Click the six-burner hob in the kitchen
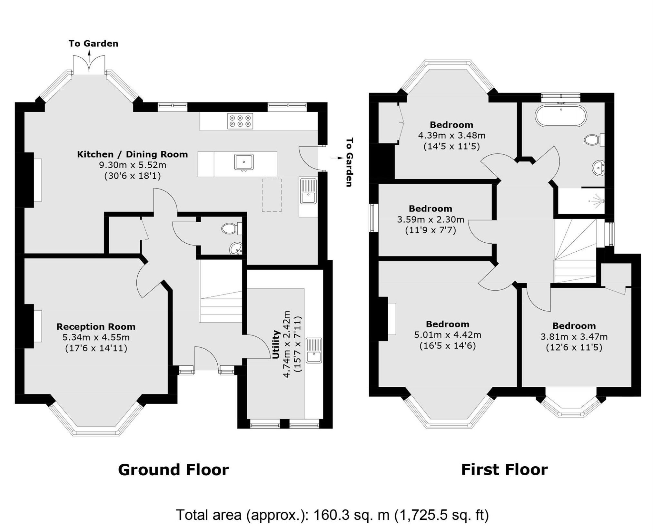pyautogui.click(x=240, y=121)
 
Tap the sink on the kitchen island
pyautogui.click(x=244, y=162)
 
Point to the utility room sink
pyautogui.click(x=313, y=351)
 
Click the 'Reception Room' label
pyautogui.click(x=96, y=327)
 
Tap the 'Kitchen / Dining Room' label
pyautogui.click(x=132, y=154)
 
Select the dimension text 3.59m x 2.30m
pyautogui.click(x=430, y=220)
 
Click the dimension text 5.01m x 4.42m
pyautogui.click(x=448, y=335)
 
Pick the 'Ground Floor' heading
pyautogui.click(x=173, y=469)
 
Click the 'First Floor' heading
pyautogui.click(x=504, y=469)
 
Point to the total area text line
pyautogui.click(x=332, y=515)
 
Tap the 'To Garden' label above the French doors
pyautogui.click(x=93, y=44)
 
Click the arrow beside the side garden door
pyautogui.click(x=337, y=158)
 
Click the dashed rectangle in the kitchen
pyautogui.click(x=272, y=195)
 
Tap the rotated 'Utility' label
pyautogui.click(x=276, y=344)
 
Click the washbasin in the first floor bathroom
pyautogui.click(x=599, y=168)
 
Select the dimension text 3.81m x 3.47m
pyautogui.click(x=574, y=337)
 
